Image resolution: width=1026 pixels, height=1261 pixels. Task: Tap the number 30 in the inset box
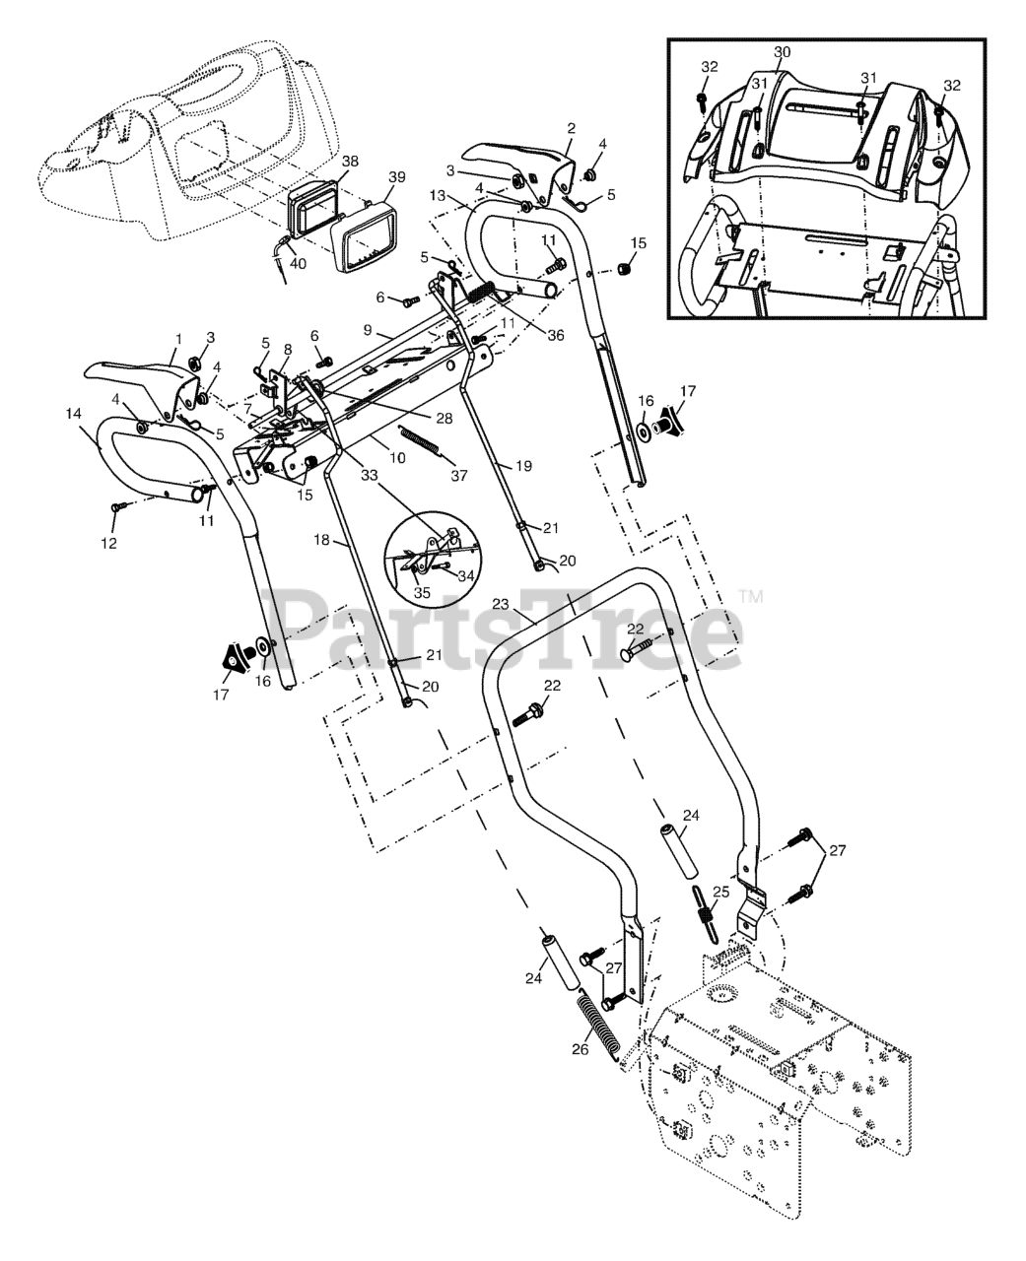point(783,50)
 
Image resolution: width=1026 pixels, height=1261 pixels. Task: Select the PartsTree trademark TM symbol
point(751,596)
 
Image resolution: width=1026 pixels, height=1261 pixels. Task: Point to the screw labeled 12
point(116,506)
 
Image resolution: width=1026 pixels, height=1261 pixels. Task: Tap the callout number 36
point(556,335)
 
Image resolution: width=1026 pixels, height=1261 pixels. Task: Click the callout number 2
point(570,128)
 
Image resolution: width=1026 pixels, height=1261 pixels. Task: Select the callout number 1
point(178,338)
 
